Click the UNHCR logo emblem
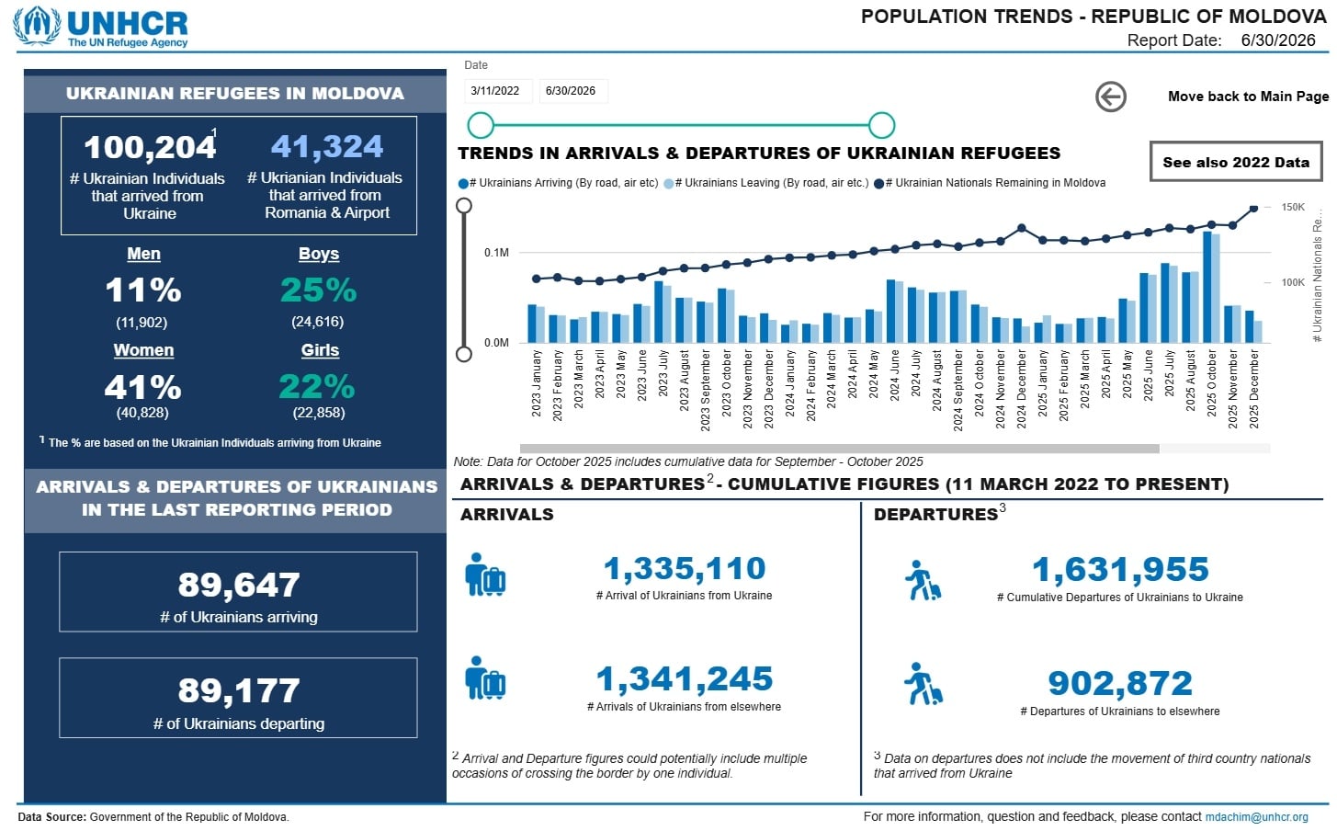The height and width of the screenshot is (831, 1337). click(x=37, y=25)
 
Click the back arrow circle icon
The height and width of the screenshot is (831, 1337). click(x=1111, y=97)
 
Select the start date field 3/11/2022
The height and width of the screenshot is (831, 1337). click(x=495, y=91)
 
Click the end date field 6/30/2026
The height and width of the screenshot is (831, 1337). click(x=572, y=91)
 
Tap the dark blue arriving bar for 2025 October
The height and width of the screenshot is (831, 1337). click(x=1207, y=287)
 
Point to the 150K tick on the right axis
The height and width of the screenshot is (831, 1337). click(x=1293, y=207)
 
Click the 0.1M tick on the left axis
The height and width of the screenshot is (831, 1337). click(x=496, y=253)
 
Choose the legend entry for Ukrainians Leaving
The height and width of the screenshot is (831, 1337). click(x=766, y=183)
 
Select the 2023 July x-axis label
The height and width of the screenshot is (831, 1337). click(x=663, y=373)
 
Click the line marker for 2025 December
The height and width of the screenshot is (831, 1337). click(x=1254, y=209)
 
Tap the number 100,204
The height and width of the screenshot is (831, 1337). click(x=149, y=147)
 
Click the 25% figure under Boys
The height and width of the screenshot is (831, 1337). click(x=318, y=290)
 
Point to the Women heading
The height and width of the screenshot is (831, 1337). click(x=144, y=350)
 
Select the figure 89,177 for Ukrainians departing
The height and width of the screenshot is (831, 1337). click(x=239, y=690)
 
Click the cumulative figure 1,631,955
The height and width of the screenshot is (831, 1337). click(x=1120, y=569)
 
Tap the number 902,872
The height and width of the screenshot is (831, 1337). click(x=1120, y=683)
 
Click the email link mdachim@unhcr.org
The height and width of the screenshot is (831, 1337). click(x=1256, y=816)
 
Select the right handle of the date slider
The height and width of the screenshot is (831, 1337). click(x=881, y=125)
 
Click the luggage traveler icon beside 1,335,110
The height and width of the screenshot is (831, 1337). click(x=484, y=575)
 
